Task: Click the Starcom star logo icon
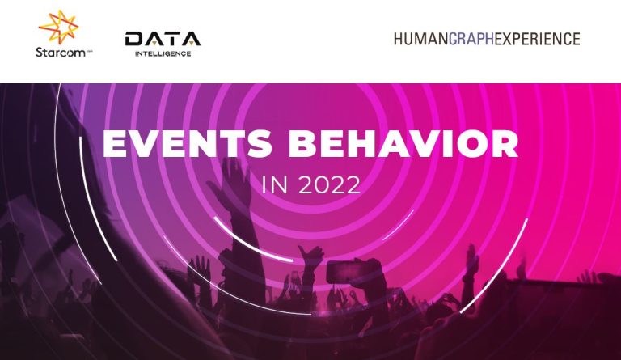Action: pos(58,27)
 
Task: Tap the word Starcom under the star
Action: pos(60,53)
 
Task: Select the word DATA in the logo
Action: pos(163,39)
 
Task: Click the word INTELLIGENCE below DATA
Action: pos(163,53)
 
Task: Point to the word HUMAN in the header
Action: pos(421,39)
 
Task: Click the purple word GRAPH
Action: pos(471,39)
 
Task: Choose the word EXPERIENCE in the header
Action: pos(538,39)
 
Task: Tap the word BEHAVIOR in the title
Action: pos(403,143)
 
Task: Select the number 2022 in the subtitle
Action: pos(329,184)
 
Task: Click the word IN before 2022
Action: pos(274,184)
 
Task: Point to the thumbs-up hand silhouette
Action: pos(311,256)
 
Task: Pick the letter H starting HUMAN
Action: pos(399,39)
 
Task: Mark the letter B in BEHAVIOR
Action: pos(302,143)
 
